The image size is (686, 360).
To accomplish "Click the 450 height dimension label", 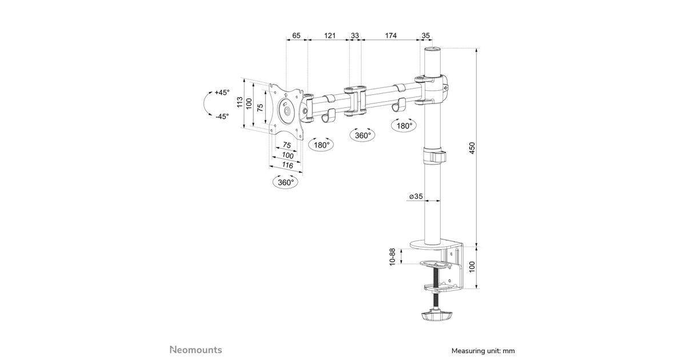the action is point(472,148).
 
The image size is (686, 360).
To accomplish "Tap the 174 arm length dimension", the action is point(391,35).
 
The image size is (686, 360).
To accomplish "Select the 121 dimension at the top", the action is point(330,35).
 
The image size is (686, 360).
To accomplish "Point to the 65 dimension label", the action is point(296,35).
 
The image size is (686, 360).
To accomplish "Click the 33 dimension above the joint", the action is point(354,35).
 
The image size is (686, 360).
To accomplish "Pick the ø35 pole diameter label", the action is point(416,196).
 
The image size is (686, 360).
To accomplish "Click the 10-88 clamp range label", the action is point(392,257).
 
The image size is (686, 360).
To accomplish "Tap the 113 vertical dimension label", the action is point(240,102).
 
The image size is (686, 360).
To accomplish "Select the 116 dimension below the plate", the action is point(287,165).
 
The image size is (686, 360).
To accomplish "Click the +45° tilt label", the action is point(222,92).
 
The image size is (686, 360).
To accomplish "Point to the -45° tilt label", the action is point(222,117).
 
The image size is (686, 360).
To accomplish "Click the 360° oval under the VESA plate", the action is point(286,182).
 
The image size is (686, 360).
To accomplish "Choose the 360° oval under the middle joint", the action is point(363,135).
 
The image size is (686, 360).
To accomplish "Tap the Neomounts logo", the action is point(196,350).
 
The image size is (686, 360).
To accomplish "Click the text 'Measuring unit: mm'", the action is point(483,351).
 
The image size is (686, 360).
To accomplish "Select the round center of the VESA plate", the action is point(286,110).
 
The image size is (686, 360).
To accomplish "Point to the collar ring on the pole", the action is point(434,156).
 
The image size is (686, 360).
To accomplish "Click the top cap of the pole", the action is point(432,49).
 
